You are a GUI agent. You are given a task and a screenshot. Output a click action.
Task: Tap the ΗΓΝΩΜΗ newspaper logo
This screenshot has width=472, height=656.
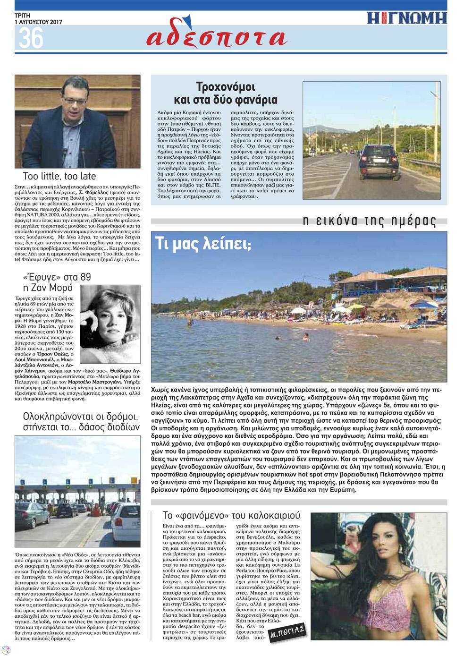(407, 18)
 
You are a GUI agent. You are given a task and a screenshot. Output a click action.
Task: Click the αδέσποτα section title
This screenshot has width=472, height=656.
(216, 37)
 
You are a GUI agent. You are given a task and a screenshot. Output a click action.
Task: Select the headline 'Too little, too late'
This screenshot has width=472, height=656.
(59, 177)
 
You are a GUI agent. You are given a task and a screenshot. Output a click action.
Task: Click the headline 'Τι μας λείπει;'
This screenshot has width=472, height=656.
(203, 244)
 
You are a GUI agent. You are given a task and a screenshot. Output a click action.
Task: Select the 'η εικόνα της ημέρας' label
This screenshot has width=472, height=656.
(369, 220)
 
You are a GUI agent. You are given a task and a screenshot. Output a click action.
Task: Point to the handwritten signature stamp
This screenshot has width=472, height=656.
(287, 631)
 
